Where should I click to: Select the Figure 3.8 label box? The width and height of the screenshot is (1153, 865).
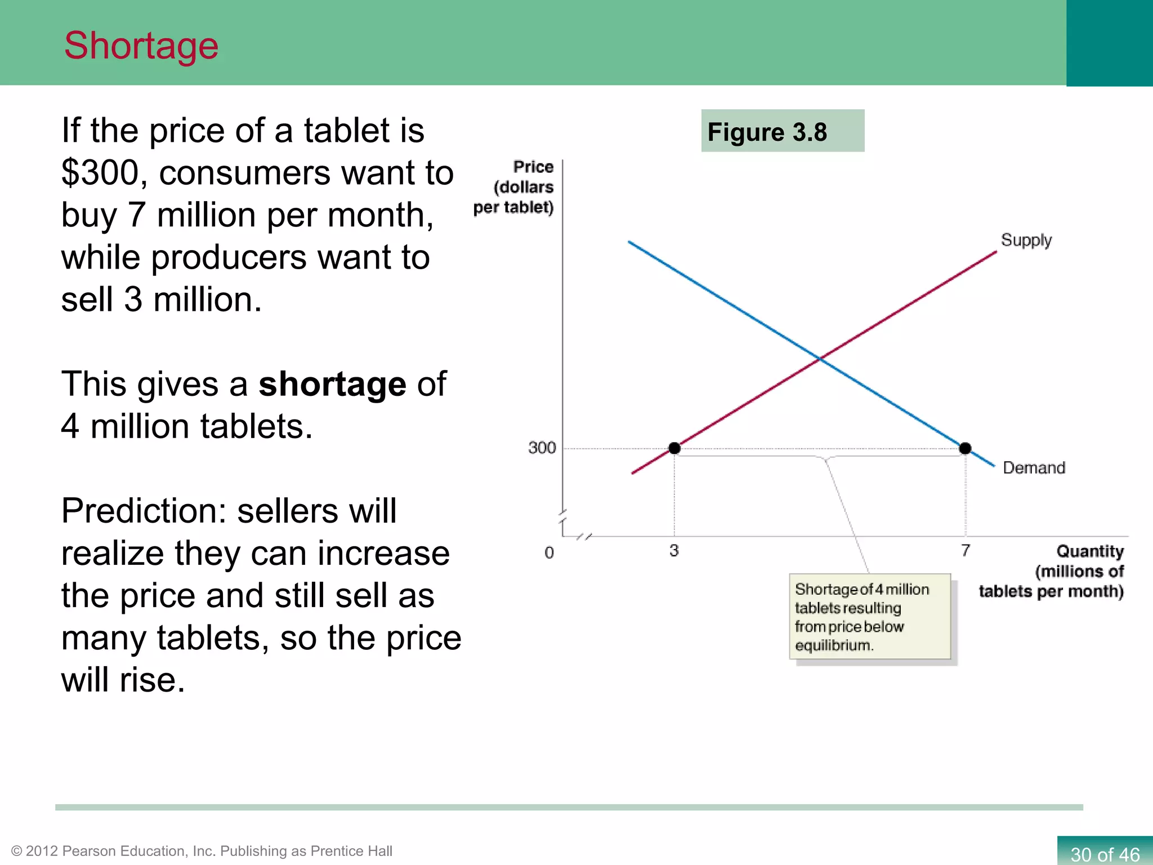(x=782, y=131)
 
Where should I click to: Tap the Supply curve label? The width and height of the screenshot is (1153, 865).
(x=1026, y=240)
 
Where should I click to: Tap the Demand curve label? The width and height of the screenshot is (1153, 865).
(x=1034, y=468)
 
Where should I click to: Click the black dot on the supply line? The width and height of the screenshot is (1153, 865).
(x=674, y=448)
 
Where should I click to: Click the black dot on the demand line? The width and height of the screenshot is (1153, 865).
(x=965, y=448)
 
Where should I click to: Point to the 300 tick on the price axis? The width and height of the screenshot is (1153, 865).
(x=542, y=448)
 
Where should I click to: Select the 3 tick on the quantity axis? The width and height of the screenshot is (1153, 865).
(x=674, y=550)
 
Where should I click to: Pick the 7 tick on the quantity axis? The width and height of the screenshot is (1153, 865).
(x=966, y=550)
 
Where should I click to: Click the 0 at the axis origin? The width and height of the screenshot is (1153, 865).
(x=549, y=552)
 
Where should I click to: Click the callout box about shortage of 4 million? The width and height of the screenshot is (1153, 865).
(x=870, y=617)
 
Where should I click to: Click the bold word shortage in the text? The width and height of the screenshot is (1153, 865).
(x=332, y=385)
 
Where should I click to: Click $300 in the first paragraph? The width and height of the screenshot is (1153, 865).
(x=100, y=173)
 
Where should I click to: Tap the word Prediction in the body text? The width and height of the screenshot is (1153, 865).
(x=143, y=511)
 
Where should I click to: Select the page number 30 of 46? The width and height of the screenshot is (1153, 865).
(x=1105, y=854)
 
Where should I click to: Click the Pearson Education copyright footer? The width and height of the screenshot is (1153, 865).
(x=202, y=851)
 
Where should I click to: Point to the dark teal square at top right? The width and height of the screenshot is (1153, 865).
(x=1109, y=43)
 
